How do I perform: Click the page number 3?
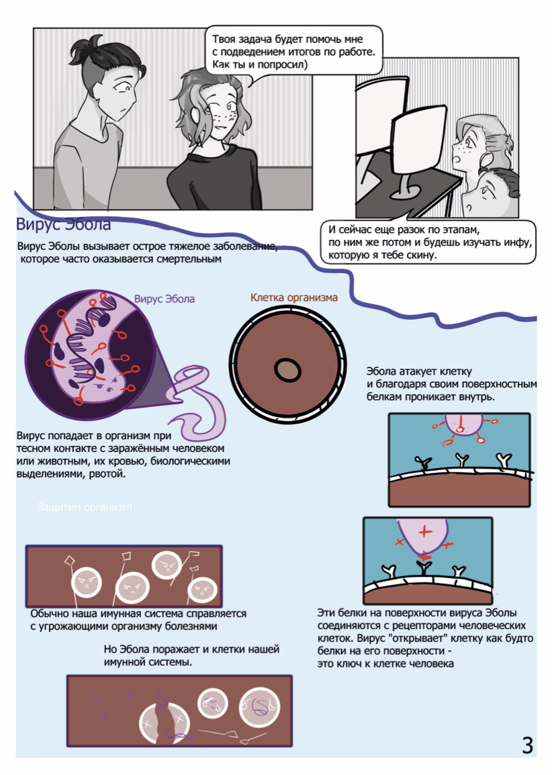pos(527,744)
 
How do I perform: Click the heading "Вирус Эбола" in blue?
pos(63,224)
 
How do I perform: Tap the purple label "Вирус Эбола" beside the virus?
pos(165,299)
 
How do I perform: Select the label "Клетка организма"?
pos(293,298)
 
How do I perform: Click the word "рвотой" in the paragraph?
pos(108,474)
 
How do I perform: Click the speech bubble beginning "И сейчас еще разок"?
pos(428,242)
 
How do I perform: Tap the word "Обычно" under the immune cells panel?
pos(48,614)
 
